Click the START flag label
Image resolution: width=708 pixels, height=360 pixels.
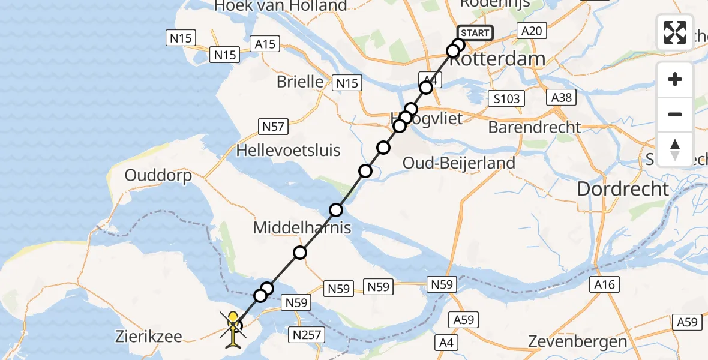pyautogui.click(x=475, y=32)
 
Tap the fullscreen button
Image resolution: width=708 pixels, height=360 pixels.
pyautogui.click(x=675, y=32)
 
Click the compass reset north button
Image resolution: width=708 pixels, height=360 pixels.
pyautogui.click(x=675, y=149)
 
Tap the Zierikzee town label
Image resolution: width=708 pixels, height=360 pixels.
pyautogui.click(x=152, y=336)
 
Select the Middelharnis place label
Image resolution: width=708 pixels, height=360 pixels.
pyautogui.click(x=302, y=228)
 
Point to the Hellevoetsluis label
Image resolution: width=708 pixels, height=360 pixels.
pyautogui.click(x=288, y=149)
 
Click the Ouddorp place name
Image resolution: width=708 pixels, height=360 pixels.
pyautogui.click(x=158, y=176)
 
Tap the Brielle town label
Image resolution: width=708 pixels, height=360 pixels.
pyautogui.click(x=300, y=82)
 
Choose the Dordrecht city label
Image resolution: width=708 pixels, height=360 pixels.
pyautogui.click(x=622, y=190)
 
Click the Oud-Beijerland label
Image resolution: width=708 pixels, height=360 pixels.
pyautogui.click(x=458, y=163)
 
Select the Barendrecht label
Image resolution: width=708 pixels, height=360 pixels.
pyautogui.click(x=535, y=127)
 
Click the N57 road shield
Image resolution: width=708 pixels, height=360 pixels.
pyautogui.click(x=274, y=126)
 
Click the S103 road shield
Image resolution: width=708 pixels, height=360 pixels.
pyautogui.click(x=506, y=98)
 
